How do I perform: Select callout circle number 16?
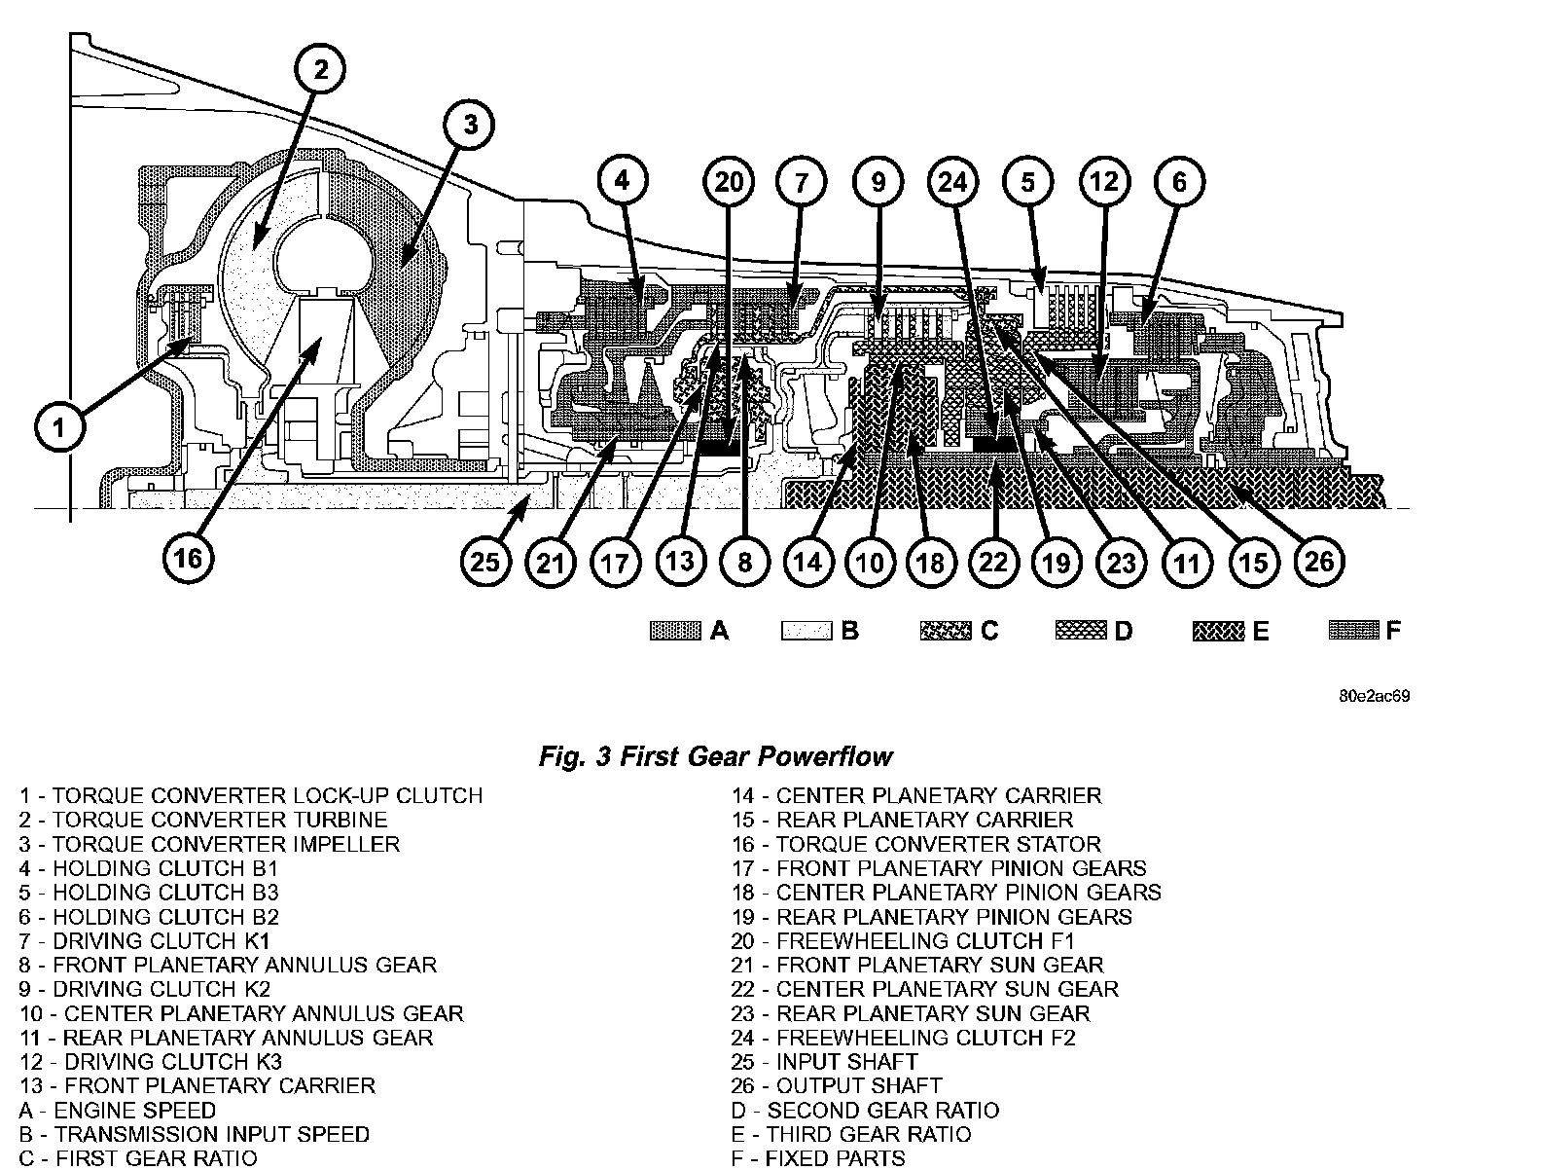(188, 558)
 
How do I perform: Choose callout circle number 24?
(953, 182)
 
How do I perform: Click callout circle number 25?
(485, 562)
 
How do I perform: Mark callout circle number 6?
(1179, 182)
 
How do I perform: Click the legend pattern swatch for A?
(675, 631)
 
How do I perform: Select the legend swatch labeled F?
(1353, 631)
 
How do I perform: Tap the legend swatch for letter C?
(945, 631)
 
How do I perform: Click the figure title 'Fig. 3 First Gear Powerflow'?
(715, 756)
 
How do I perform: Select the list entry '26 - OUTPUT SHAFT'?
(837, 1085)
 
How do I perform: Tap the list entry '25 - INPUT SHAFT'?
(824, 1061)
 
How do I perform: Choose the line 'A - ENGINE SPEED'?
(118, 1110)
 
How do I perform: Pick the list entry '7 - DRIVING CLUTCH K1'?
(143, 940)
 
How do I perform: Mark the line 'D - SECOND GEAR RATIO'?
(865, 1110)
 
